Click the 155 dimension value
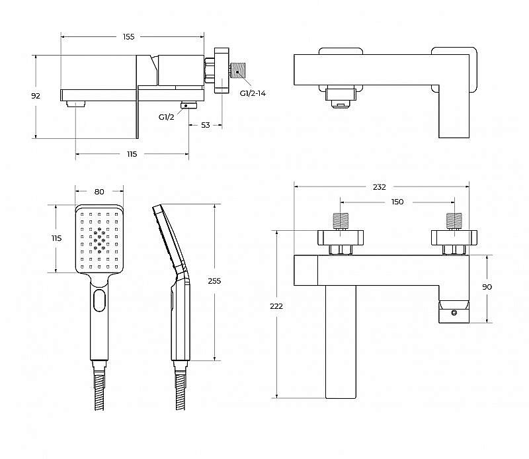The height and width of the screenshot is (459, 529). [x=128, y=37]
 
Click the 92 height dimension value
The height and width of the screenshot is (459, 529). [x=36, y=96]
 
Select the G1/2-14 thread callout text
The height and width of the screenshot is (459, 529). [x=253, y=93]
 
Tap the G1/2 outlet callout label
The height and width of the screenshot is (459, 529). [x=167, y=117]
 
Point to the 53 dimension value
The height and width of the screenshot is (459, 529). [x=206, y=125]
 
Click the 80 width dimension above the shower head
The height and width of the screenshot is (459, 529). [x=99, y=192]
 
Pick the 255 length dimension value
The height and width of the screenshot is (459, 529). [x=214, y=281]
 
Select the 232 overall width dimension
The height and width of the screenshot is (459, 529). [x=379, y=187]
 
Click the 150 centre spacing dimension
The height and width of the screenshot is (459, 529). [x=397, y=202]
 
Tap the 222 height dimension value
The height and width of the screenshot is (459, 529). [x=276, y=306]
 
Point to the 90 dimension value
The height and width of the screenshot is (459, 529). [x=487, y=287]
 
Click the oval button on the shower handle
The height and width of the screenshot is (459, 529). [x=99, y=300]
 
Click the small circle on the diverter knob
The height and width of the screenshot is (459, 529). [x=454, y=313]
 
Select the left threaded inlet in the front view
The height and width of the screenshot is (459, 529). [x=341, y=221]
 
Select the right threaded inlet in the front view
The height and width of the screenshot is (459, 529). [x=454, y=221]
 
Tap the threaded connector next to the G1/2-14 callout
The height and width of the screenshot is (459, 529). [x=239, y=71]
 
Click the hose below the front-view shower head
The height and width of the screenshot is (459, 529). [x=99, y=392]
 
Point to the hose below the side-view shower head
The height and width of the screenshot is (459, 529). [x=181, y=392]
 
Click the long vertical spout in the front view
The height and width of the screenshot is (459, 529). [x=341, y=342]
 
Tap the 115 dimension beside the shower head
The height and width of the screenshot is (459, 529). [x=57, y=238]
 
